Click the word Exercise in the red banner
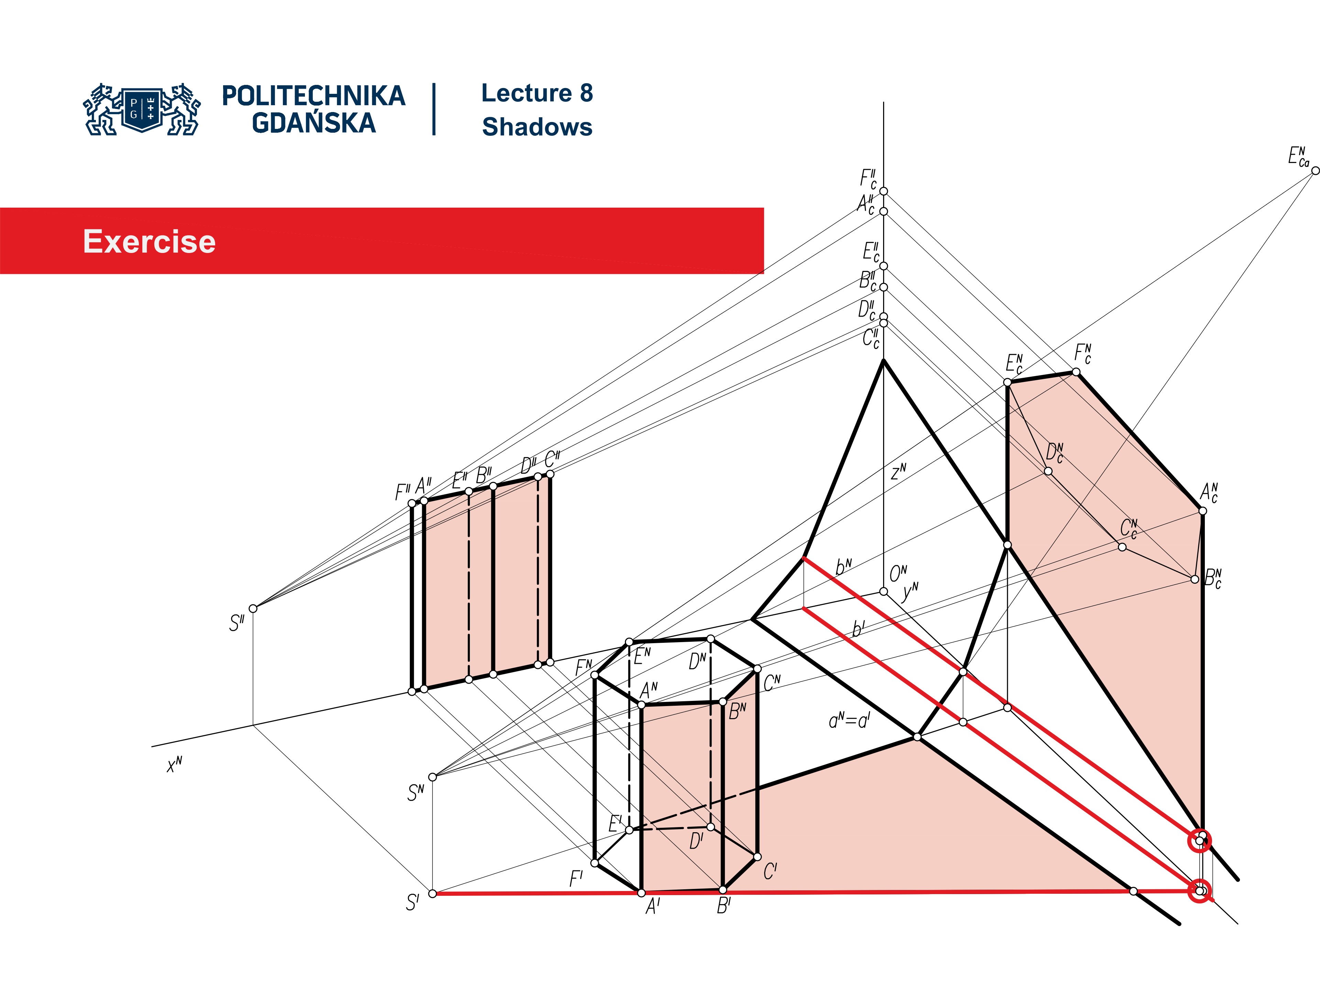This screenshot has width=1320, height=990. coord(149,242)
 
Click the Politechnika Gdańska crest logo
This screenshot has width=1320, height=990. coord(142,109)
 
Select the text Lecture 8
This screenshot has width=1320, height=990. coord(537,93)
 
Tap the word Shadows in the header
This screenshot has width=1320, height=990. coord(537,127)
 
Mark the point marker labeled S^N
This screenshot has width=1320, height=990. coord(433,777)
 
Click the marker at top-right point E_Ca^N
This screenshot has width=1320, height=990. coord(1314,170)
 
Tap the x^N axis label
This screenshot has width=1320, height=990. coord(174,764)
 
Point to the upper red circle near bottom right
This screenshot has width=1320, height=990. coord(1199,841)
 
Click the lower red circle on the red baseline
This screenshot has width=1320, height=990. coord(1199,891)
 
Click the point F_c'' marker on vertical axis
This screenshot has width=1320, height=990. coord(884,191)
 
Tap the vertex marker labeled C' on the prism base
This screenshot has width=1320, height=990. coord(757,857)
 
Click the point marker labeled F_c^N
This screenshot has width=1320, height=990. coord(1076,372)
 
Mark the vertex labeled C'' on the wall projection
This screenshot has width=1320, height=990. coord(550,474)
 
